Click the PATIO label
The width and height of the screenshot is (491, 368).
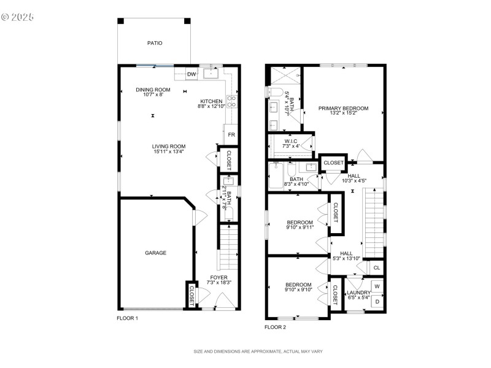155,43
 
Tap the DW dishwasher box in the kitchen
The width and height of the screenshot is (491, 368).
191,74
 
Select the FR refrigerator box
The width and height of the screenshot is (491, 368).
231,134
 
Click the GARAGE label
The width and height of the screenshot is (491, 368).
155,253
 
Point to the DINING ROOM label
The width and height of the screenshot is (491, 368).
153,90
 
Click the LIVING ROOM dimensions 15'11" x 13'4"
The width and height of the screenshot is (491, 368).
169,151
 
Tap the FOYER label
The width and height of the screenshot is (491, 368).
219,277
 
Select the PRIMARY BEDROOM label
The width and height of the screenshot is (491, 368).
343,109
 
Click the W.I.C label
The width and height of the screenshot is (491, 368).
291,141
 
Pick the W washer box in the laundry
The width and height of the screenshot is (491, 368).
377,286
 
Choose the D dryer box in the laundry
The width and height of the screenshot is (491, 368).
377,301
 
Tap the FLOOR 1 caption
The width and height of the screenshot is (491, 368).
128,319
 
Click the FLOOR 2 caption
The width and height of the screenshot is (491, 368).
275,327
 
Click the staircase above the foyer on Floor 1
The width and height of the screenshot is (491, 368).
228,245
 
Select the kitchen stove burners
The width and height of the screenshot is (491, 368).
232,101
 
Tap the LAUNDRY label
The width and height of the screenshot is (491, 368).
358,293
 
